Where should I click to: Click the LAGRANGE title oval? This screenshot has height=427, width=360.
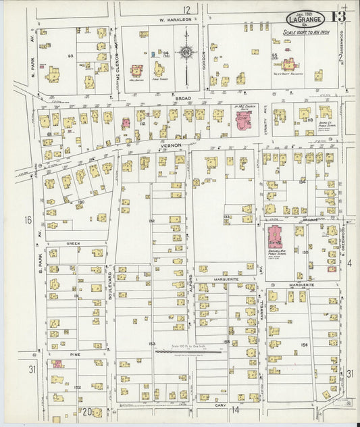tap(305, 19)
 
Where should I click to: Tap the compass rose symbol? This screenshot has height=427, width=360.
tap(186, 51)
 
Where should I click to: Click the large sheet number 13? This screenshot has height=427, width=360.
tap(339, 16)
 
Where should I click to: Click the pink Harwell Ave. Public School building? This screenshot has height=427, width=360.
tap(275, 238)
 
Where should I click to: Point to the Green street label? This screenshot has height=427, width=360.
tap(73, 243)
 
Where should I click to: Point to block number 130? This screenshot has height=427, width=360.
tap(80, 201)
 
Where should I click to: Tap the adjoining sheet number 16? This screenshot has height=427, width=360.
tap(28, 220)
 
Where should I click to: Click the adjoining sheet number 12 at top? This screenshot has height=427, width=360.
tap(186, 9)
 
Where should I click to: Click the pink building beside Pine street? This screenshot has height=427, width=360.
tap(58, 364)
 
